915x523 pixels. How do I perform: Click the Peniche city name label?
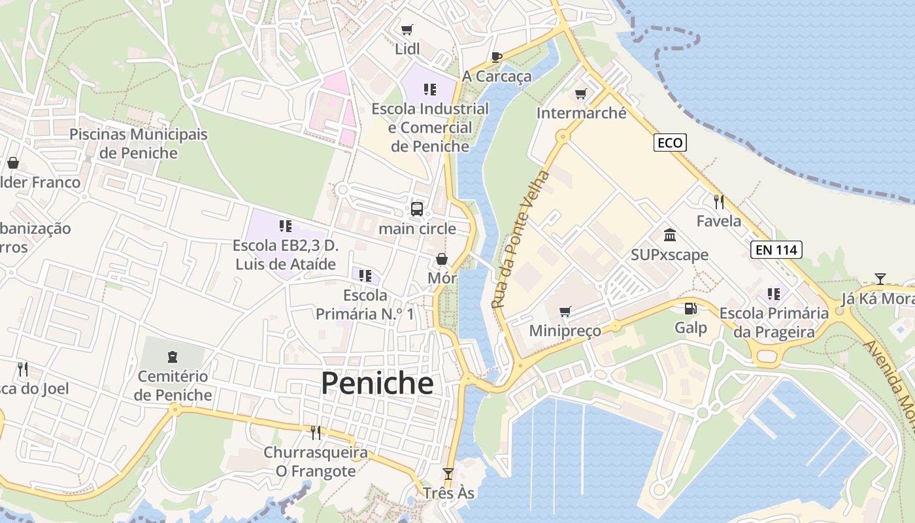point(377,384)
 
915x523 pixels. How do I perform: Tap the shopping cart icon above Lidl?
point(407,29)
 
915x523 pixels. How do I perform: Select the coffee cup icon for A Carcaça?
point(496,57)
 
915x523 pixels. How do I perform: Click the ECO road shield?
point(670,143)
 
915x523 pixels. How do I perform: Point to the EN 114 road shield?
point(776,249)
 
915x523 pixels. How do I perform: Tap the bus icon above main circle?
point(417,209)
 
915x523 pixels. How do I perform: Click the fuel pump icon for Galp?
point(690,309)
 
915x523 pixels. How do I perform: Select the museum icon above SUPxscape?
point(669,235)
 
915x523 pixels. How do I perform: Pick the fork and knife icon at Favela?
point(719,201)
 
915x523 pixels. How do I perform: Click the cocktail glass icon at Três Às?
point(448,474)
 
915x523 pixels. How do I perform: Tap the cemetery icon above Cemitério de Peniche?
point(173,357)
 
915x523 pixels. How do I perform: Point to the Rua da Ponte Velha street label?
point(521,240)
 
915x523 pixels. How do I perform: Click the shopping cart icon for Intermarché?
point(580,94)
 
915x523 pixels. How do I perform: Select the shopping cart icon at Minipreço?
point(565,311)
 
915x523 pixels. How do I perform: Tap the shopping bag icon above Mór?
point(442,260)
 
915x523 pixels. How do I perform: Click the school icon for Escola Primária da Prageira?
point(774,294)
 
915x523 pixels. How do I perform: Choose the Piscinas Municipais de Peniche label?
point(138,144)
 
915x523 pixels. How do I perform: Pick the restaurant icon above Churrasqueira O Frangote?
point(315,432)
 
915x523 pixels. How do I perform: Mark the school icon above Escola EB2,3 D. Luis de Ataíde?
point(285,227)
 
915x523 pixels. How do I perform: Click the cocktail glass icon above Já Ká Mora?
point(880,279)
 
